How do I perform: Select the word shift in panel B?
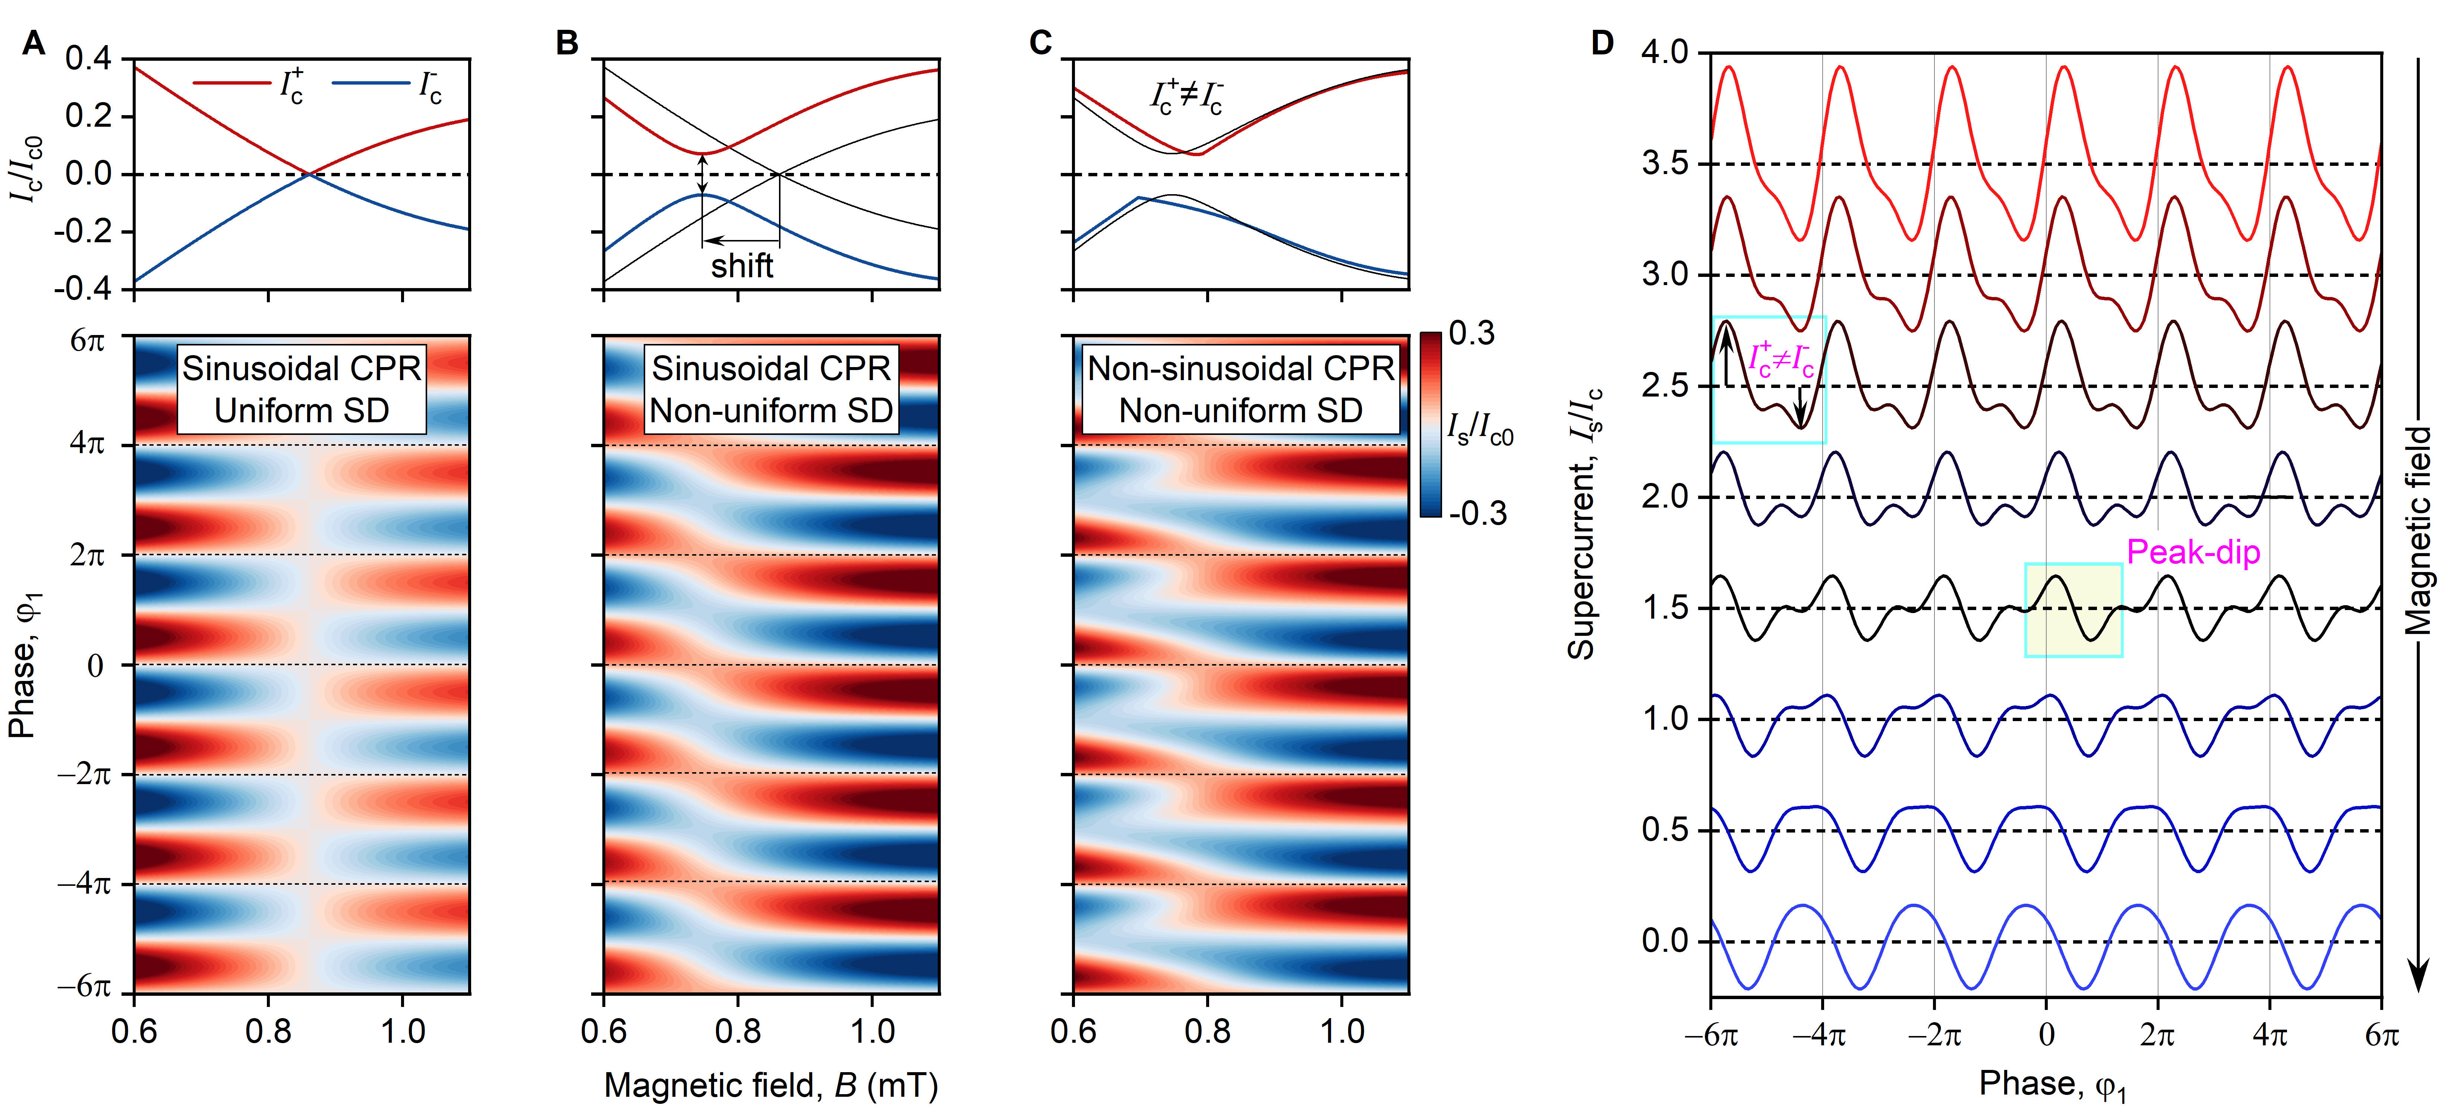[x=742, y=265]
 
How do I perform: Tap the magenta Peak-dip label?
[x=2193, y=552]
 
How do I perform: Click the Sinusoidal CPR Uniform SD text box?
[x=302, y=389]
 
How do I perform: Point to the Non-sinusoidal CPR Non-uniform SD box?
[x=1240, y=389]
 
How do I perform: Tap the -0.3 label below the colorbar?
[x=1477, y=514]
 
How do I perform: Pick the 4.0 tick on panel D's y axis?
[x=1663, y=53]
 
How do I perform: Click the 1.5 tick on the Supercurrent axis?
[x=1663, y=608]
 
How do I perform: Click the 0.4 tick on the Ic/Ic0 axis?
[x=88, y=59]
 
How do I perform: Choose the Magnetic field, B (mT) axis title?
[x=771, y=1086]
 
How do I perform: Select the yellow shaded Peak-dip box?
[x=2073, y=610]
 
